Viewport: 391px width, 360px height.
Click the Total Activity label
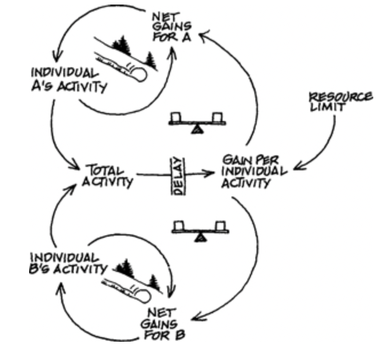109,175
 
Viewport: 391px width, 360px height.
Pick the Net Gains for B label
165,323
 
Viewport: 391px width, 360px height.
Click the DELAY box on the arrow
177,176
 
